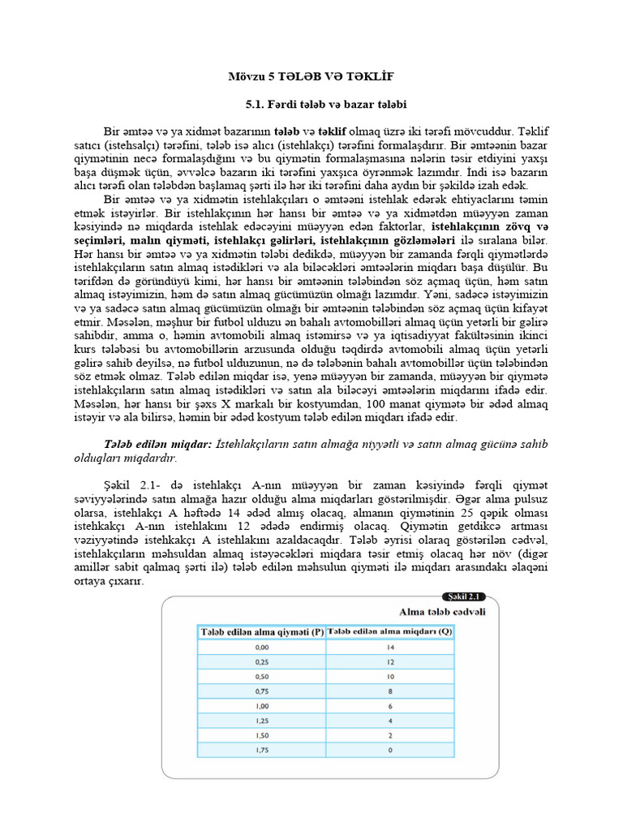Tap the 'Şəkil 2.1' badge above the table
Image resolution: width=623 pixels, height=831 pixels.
[469, 596]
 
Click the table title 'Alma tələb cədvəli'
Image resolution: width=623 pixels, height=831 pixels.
[442, 611]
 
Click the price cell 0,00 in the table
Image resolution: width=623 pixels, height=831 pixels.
[261, 648]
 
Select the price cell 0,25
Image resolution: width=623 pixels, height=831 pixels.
[261, 663]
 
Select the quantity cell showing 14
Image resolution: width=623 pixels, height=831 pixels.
[389, 648]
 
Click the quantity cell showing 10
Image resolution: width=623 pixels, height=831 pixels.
[389, 678]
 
